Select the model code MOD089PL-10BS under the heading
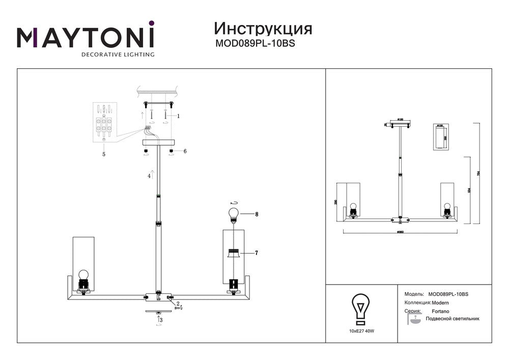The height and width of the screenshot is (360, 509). point(256,43)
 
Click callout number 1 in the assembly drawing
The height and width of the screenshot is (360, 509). point(179,116)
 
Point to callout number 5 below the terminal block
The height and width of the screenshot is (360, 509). point(104,153)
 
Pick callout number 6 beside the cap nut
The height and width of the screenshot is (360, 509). point(185,151)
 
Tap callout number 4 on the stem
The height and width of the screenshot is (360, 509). point(149,176)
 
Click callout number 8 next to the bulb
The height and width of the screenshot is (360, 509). point(257,214)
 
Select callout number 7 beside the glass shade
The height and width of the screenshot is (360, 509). point(257,253)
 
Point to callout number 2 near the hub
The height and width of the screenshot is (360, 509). point(178,303)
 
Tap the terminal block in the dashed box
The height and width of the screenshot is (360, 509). point(105,124)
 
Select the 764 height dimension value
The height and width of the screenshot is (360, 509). point(478,174)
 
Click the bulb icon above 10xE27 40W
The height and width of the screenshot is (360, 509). point(360,309)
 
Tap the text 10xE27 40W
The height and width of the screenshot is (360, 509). point(361,331)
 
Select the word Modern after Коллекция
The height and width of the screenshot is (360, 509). point(440,302)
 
